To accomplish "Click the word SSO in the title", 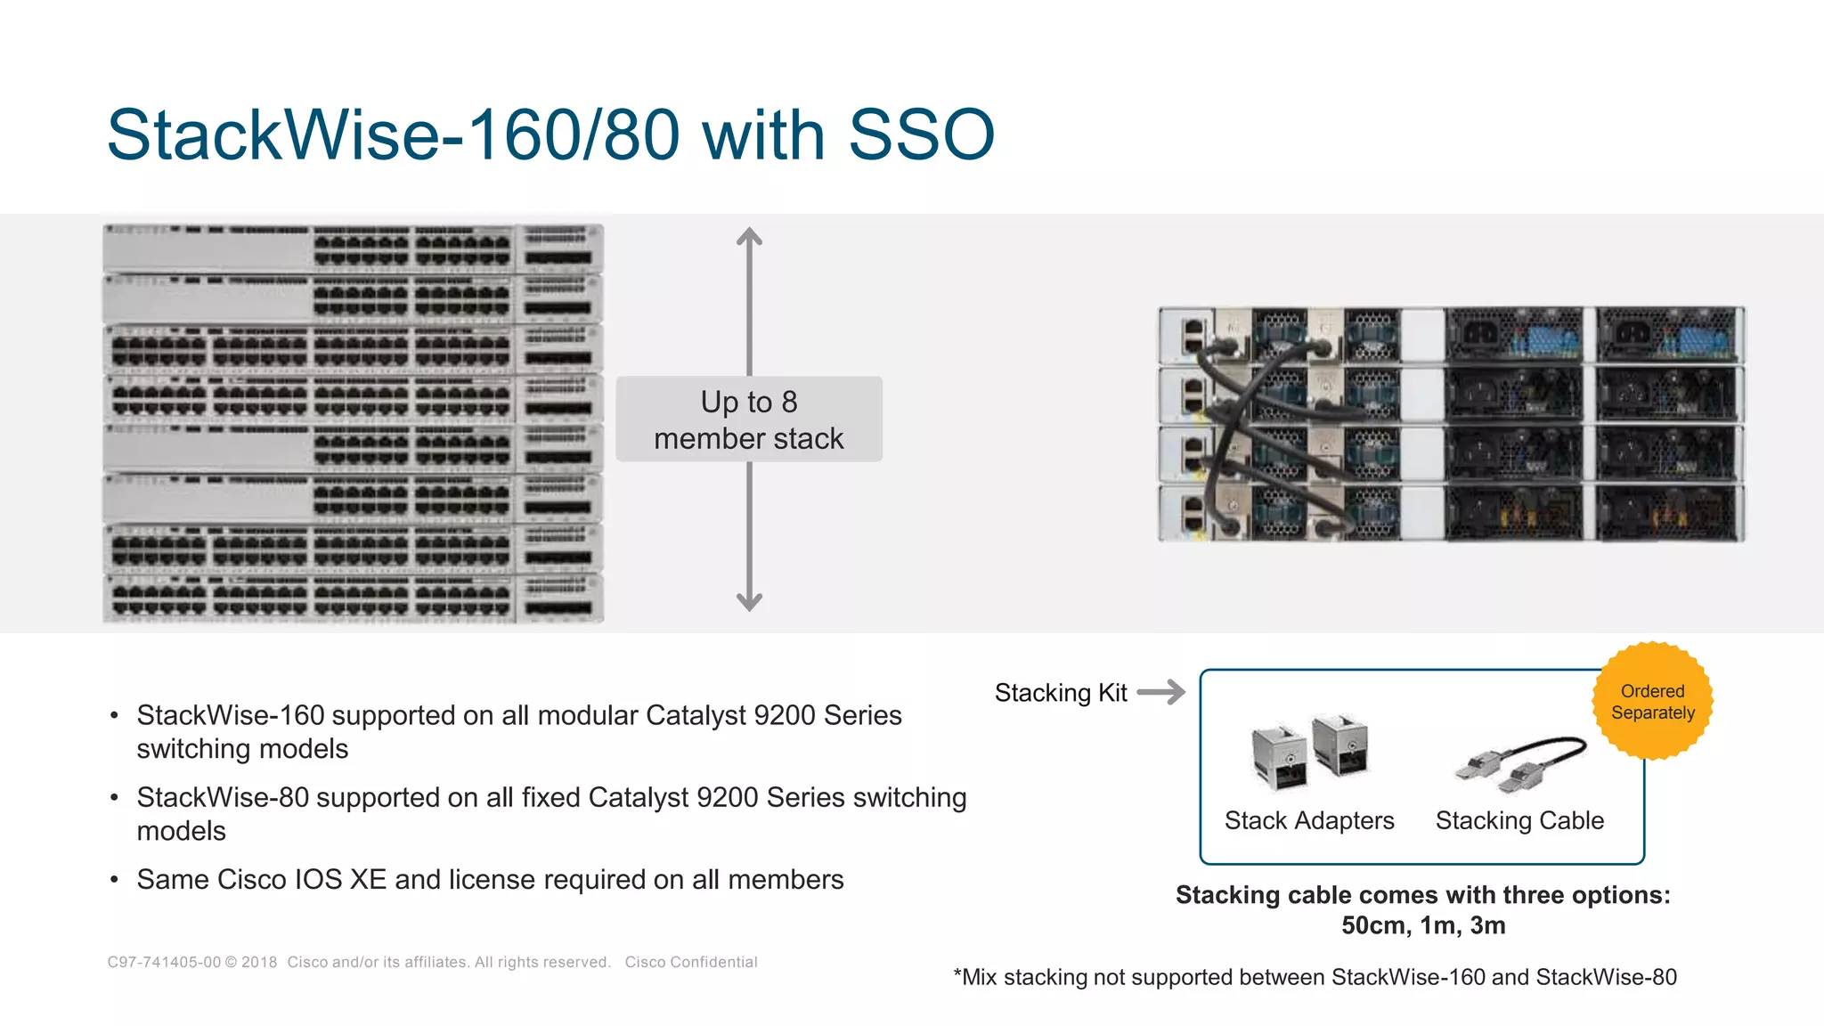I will pos(921,135).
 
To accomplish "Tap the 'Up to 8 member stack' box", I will pos(748,419).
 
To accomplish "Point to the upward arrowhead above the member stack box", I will pos(749,236).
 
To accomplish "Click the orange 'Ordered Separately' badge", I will pos(1652,702).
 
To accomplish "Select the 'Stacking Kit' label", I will pos(1060,693).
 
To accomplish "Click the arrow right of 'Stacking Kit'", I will pos(1161,692).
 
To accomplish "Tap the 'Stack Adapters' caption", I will pos(1308,820).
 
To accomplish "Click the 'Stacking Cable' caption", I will pos(1519,820).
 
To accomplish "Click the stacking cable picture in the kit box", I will pos(1521,764).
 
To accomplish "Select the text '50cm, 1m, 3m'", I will pos(1423,925).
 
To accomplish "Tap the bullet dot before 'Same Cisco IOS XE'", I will pos(114,880).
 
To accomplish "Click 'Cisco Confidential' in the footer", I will pos(690,962).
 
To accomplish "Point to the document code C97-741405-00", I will pos(164,962).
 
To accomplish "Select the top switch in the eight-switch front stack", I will pos(353,248).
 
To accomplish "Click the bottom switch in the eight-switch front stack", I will pos(353,597).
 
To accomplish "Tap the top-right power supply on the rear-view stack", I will pos(1668,335).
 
